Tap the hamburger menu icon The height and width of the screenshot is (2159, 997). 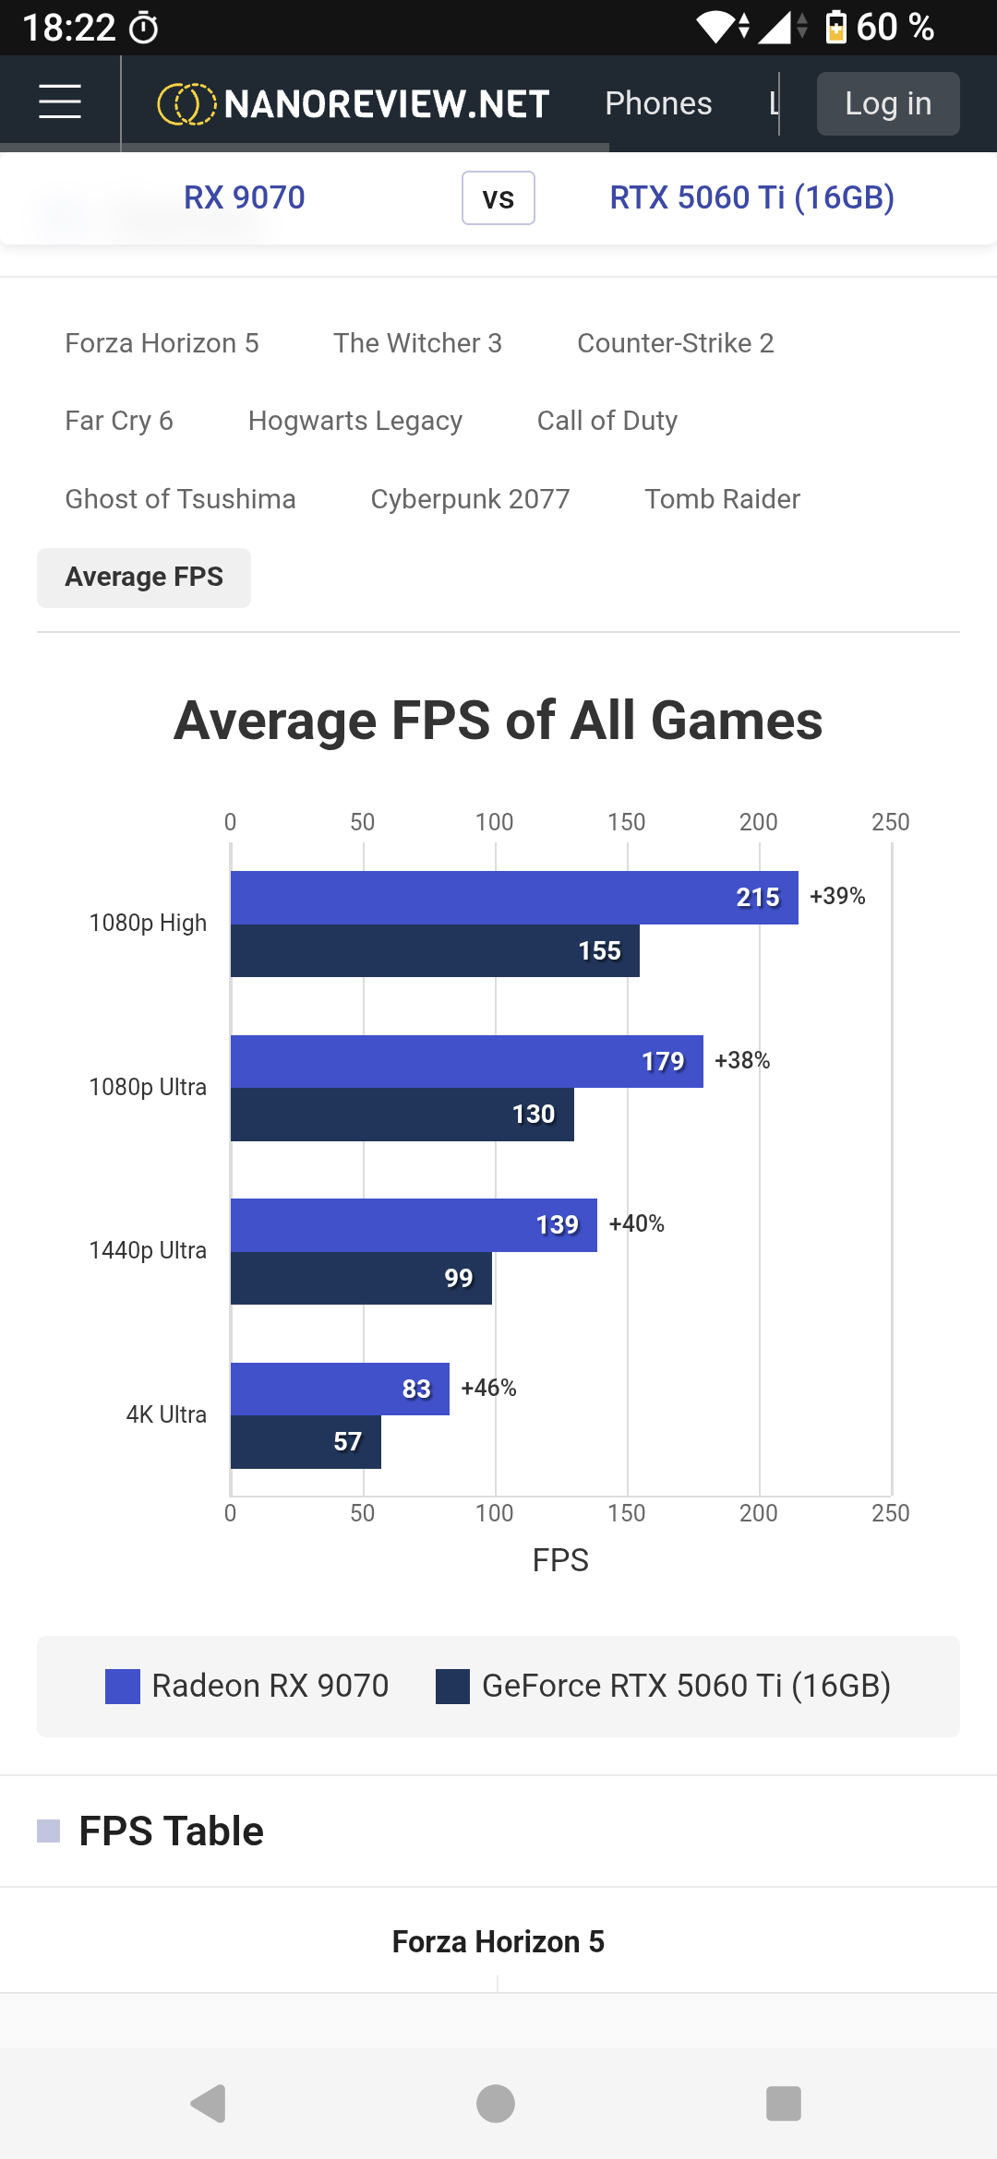(60, 101)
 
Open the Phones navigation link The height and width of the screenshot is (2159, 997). (658, 103)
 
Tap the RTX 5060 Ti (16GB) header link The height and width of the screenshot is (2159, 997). (752, 197)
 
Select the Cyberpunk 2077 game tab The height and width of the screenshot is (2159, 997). (470, 499)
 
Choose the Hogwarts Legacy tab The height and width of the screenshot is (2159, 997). (355, 421)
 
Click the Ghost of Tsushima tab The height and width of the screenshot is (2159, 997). (180, 499)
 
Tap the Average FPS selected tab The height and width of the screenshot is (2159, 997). (144, 578)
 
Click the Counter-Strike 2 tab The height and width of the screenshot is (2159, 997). (676, 343)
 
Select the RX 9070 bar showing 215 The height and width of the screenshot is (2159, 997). (514, 898)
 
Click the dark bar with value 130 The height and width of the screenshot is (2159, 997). (402, 1115)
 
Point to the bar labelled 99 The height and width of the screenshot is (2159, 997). (361, 1278)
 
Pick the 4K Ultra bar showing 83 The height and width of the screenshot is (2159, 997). (340, 1389)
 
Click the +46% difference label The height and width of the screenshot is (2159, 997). (488, 1388)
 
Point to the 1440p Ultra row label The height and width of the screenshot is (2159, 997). (148, 1250)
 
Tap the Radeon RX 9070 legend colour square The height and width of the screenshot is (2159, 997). (123, 1687)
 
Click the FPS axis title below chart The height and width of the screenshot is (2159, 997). (560, 1560)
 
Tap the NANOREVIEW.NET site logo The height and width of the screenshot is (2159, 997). (354, 103)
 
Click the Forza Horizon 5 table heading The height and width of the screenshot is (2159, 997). (498, 1941)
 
